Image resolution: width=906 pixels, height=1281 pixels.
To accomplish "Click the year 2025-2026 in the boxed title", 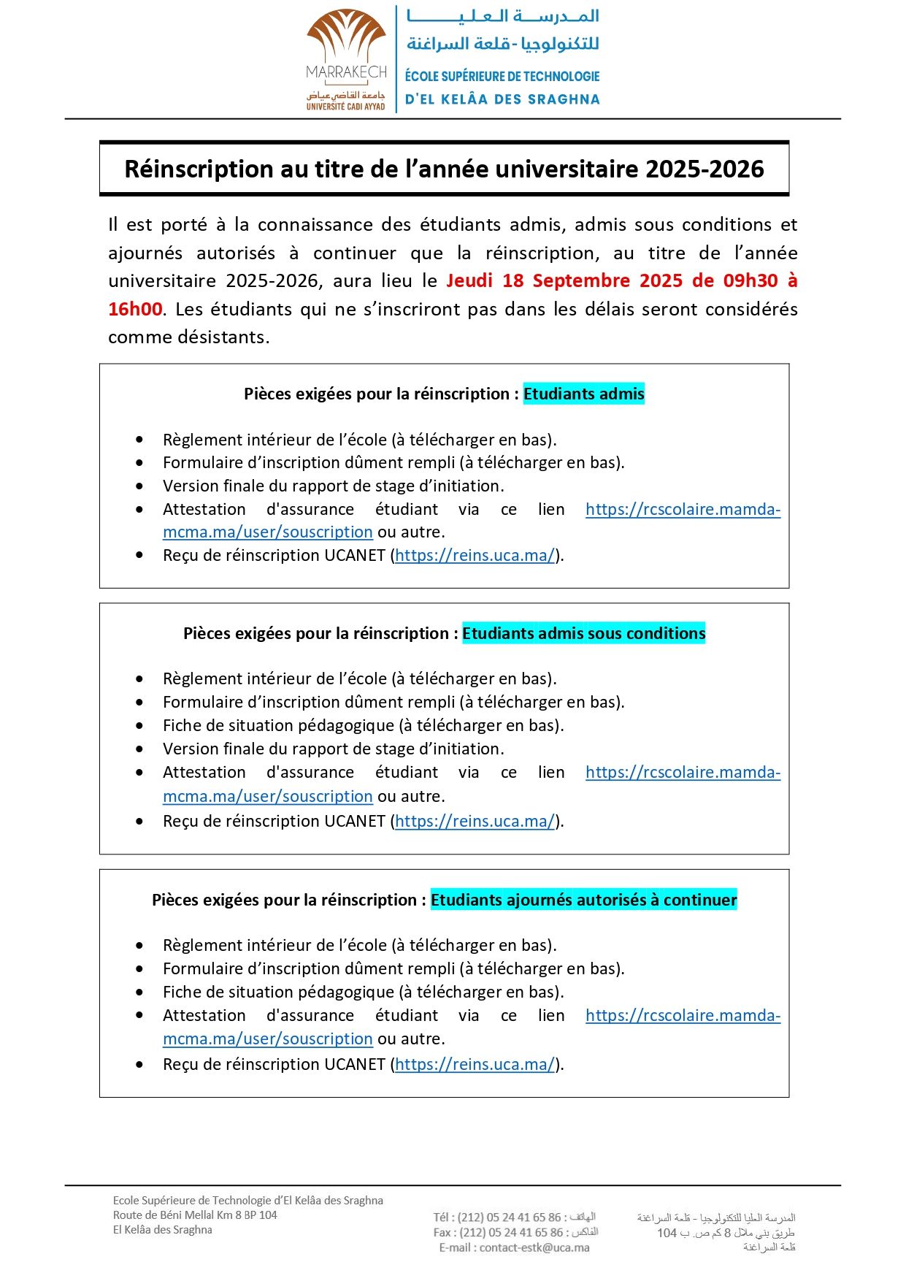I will pyautogui.click(x=704, y=169).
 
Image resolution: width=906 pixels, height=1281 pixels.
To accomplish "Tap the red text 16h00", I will pyautogui.click(x=135, y=309).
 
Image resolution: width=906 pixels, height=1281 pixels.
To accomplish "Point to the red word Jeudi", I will pyautogui.click(x=469, y=281).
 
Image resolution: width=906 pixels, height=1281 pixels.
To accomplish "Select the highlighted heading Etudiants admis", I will pyautogui.click(x=583, y=394).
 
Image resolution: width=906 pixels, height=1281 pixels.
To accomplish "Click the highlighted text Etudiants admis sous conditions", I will pyautogui.click(x=583, y=633).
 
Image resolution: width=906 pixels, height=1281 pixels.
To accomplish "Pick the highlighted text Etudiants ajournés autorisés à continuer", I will pyautogui.click(x=583, y=900).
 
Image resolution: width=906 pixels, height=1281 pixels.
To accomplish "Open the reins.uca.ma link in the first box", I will pyautogui.click(x=475, y=556).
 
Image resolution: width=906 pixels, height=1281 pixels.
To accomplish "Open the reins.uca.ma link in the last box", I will pyautogui.click(x=475, y=1064).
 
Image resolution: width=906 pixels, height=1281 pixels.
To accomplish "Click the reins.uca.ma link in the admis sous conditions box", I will pyautogui.click(x=475, y=821).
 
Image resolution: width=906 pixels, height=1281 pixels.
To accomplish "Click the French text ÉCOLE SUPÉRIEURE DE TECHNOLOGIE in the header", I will pyautogui.click(x=502, y=77).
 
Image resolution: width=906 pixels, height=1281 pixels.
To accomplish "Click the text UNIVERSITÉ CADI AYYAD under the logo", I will pyautogui.click(x=345, y=107).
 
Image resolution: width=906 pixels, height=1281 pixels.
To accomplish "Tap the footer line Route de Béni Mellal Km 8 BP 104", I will pyautogui.click(x=195, y=1215).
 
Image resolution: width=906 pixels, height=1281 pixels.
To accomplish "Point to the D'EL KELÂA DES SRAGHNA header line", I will pyautogui.click(x=502, y=99).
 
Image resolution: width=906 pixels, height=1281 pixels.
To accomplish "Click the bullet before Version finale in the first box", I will pyautogui.click(x=139, y=486).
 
